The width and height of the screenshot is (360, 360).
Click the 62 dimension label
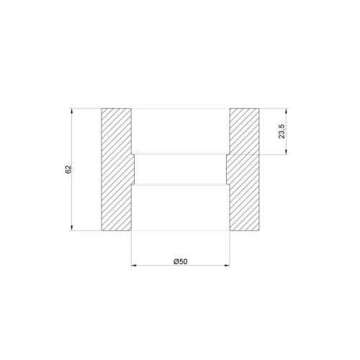click(68, 169)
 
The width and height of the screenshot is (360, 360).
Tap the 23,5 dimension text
click(282, 131)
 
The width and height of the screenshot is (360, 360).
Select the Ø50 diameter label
click(181, 261)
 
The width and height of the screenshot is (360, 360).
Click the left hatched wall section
click(117, 169)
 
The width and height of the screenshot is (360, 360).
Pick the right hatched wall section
click(243, 169)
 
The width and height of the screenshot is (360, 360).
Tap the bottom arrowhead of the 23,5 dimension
click(287, 151)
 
